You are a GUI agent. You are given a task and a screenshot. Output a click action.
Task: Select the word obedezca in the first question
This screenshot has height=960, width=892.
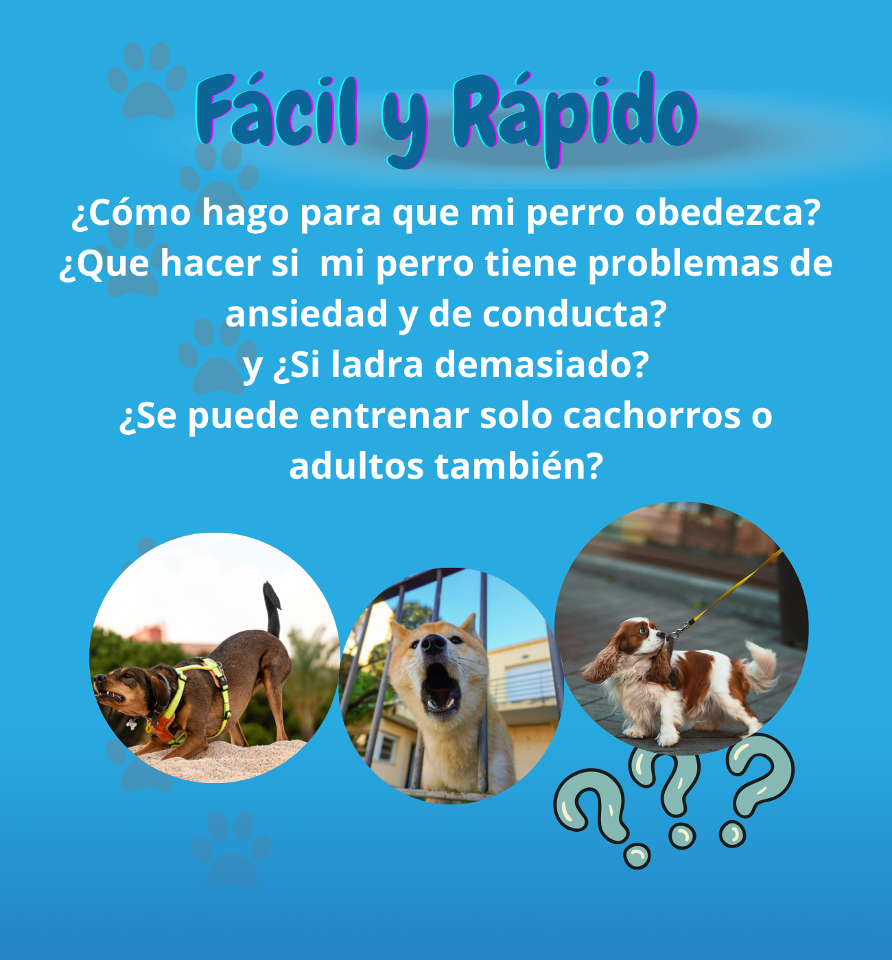tap(728, 212)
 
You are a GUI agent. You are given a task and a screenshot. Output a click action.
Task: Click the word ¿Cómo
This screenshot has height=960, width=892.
tap(131, 212)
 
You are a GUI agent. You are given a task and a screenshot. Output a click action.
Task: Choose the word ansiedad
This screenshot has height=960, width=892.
tap(307, 314)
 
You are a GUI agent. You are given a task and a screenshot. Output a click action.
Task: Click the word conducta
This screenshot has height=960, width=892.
tap(575, 314)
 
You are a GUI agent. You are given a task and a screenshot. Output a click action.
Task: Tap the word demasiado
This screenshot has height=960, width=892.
tap(541, 365)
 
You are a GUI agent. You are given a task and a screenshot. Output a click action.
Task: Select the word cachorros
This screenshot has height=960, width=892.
tap(652, 416)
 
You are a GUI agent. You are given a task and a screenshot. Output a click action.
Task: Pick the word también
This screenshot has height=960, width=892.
tap(519, 466)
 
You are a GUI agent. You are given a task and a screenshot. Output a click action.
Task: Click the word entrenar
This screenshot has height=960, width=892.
tap(390, 416)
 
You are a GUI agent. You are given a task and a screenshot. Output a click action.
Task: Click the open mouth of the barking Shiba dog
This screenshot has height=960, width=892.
tap(441, 687)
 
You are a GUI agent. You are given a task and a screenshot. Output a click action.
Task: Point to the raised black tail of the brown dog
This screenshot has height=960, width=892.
tap(272, 609)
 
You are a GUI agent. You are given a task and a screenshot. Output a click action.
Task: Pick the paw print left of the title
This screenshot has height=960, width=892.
tap(147, 80)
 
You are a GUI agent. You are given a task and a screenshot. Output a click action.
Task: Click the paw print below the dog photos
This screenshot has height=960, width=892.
tap(231, 850)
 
